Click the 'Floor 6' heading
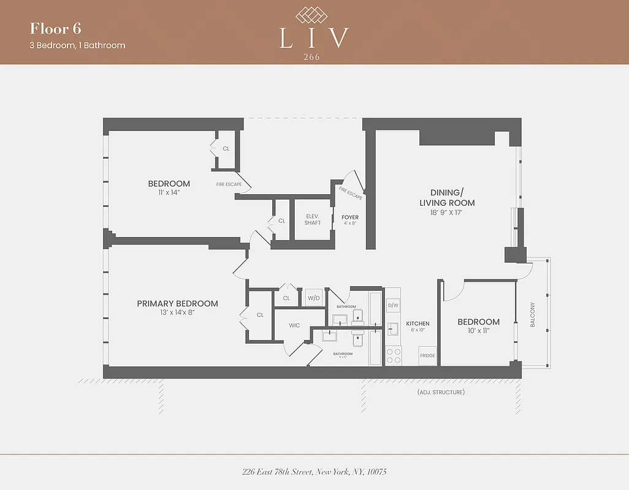tap(56, 29)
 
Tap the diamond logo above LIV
tap(314, 15)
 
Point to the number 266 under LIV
tap(314, 56)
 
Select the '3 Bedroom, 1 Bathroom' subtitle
tap(77, 45)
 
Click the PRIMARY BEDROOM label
tap(177, 304)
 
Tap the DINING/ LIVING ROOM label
tap(447, 197)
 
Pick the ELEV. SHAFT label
tap(313, 219)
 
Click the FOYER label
tap(350, 217)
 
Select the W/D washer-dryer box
tap(314, 298)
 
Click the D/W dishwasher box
tap(393, 305)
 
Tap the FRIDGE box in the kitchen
tap(427, 356)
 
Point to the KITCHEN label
tap(417, 323)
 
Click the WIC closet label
tap(294, 325)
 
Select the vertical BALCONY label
tap(533, 314)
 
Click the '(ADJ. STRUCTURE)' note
tap(440, 392)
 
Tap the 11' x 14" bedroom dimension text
tap(169, 192)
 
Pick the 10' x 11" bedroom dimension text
tap(478, 331)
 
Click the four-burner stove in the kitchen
tap(393, 356)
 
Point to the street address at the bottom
tap(314, 472)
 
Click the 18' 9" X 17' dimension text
tap(447, 213)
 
